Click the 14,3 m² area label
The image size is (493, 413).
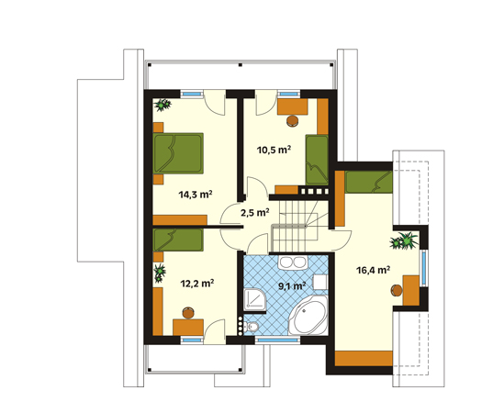(196, 195)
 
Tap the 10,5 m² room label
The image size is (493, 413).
(274, 150)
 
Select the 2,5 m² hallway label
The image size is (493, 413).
(254, 213)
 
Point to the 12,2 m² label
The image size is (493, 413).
(197, 284)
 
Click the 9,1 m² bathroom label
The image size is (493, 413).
(292, 285)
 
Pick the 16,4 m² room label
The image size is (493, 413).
(374, 270)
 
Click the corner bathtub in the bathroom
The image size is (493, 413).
(308, 315)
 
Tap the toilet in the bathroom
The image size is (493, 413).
(252, 328)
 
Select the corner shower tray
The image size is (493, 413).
(254, 300)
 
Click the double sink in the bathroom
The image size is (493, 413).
(293, 262)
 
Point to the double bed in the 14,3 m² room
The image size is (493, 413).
(178, 153)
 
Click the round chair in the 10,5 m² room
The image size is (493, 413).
(293, 121)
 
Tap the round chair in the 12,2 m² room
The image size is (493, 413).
(188, 312)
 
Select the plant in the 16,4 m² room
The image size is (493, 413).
(404, 240)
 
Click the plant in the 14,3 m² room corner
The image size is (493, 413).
(162, 105)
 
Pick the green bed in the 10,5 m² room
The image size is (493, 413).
(317, 160)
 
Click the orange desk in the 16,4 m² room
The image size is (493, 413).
(411, 290)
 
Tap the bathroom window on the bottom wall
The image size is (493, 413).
(277, 340)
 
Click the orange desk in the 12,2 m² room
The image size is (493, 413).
(188, 327)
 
